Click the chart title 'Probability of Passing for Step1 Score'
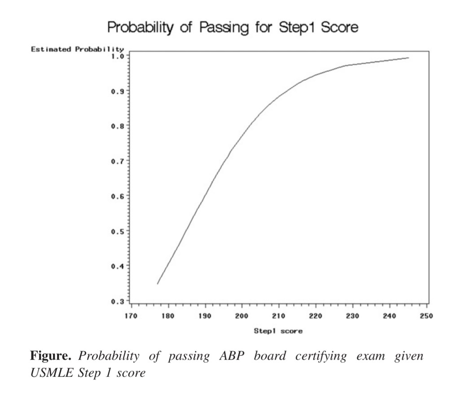tap(233, 27)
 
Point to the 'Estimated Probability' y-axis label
tap(77, 49)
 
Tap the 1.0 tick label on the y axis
tap(118, 56)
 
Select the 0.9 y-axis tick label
tap(118, 91)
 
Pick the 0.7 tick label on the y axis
tap(118, 160)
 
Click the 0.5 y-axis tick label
tap(118, 230)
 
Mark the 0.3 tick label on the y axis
tap(118, 301)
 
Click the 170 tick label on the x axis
tap(131, 315)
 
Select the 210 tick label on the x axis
tap(278, 315)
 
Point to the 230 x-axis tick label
tap(352, 315)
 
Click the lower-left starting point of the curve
tap(157, 284)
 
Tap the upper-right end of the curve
tap(408, 58)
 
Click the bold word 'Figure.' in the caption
tap(52, 357)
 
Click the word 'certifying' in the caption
tap(322, 357)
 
